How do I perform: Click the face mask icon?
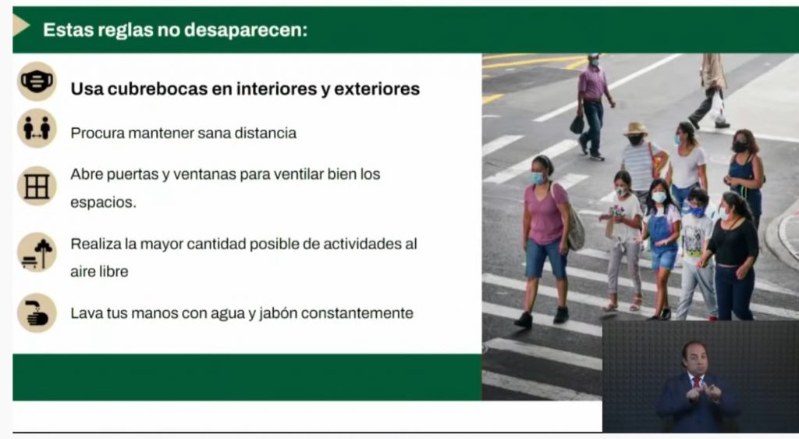[x=37, y=81]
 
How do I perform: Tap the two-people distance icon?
[x=37, y=128]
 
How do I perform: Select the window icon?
[x=37, y=186]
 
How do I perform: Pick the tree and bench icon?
[x=37, y=252]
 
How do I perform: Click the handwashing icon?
[x=37, y=313]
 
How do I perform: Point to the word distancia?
[x=265, y=133]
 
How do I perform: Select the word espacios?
[x=103, y=203]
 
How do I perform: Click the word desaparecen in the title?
[x=246, y=30]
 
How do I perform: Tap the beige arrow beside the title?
[x=21, y=25]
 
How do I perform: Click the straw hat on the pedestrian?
[x=635, y=128]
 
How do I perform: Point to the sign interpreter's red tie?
[x=697, y=384]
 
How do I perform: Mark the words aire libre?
[x=99, y=272]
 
